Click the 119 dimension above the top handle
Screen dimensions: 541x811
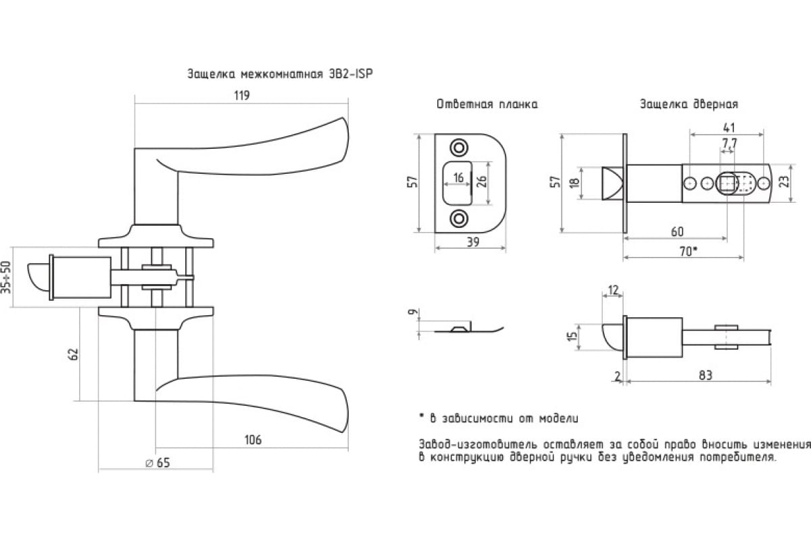(241, 95)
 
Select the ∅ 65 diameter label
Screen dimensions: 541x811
(157, 463)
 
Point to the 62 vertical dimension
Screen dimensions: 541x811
(74, 353)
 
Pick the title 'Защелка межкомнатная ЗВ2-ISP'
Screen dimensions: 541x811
(280, 74)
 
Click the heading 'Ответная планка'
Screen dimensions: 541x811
(487, 105)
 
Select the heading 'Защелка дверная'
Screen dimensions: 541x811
(689, 105)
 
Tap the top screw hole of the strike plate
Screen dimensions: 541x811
(460, 147)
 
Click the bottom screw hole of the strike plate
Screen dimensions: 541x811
(460, 218)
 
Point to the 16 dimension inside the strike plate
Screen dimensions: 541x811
(458, 178)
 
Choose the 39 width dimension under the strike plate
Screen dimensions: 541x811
(472, 242)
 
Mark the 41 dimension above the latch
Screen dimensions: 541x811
(729, 127)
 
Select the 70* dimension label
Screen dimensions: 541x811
(687, 251)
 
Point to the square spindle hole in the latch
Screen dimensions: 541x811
(727, 183)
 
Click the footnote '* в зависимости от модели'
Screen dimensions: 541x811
(498, 419)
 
